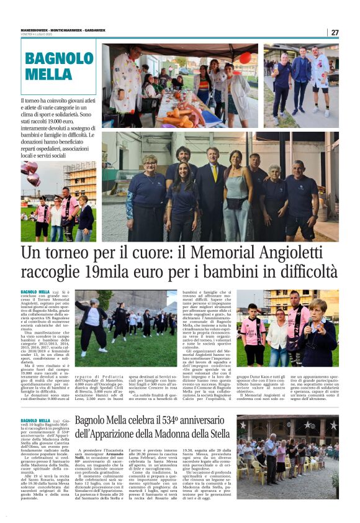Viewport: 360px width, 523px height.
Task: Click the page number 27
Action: pos(335,32)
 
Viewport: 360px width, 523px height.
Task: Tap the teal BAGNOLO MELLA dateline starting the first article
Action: pos(35,291)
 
